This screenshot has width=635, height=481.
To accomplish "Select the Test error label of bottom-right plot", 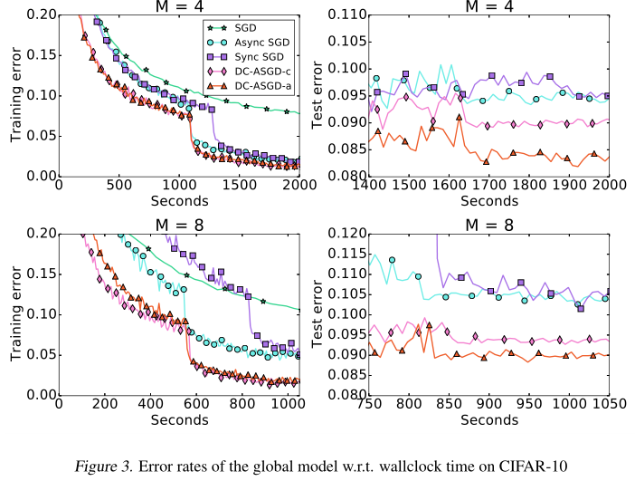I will click(x=317, y=313).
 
